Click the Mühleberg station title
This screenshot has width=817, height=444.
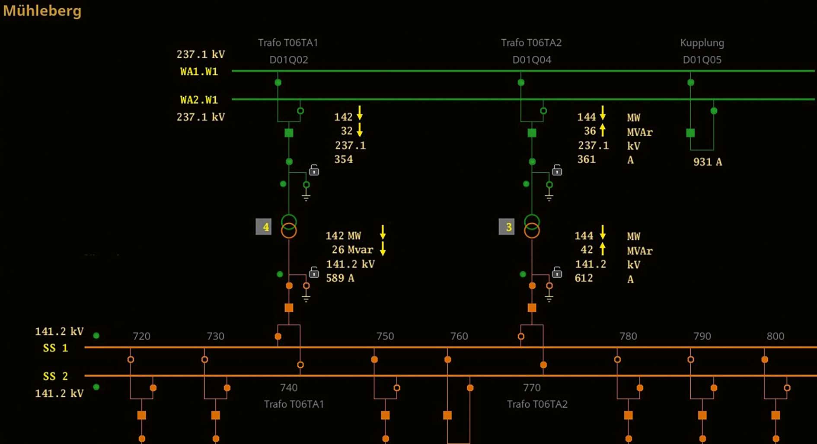point(42,10)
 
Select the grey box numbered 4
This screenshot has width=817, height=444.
point(264,227)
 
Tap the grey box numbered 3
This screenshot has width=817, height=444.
point(507,227)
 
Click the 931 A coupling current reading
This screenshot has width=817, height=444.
point(707,162)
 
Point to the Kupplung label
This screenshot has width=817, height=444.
point(702,43)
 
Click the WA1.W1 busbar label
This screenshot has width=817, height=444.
point(199,72)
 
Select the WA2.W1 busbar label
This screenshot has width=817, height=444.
point(199,100)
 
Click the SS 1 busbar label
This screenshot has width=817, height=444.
point(55,348)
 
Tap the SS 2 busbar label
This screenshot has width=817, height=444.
point(55,376)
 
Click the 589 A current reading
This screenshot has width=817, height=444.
point(340,278)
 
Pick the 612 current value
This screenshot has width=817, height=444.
point(584,278)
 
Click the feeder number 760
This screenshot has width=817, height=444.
point(459,336)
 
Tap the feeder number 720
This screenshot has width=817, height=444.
point(141,336)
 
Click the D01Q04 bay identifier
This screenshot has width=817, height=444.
point(532,60)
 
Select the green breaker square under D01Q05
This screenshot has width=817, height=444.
point(690,133)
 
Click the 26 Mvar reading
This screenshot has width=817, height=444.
point(352,250)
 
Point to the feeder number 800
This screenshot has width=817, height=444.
point(775,336)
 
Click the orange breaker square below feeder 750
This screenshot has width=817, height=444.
point(385,415)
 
